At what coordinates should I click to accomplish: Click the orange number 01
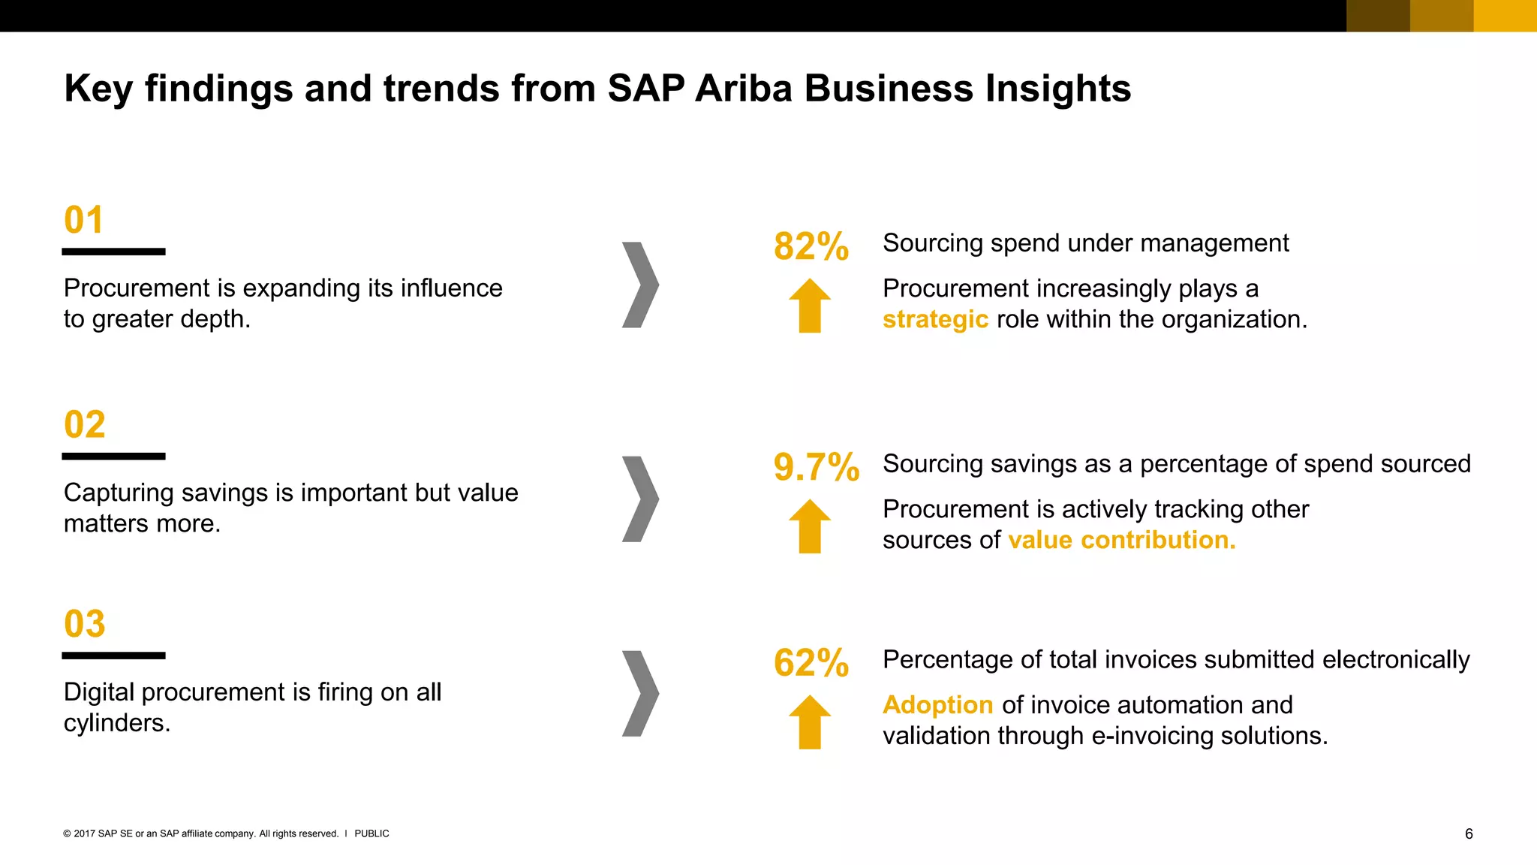coord(83,220)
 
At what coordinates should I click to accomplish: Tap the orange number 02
coord(84,425)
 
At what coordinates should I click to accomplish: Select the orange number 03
coord(84,624)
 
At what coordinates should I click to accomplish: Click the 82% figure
coord(811,246)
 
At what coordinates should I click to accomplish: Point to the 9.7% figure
coord(816,467)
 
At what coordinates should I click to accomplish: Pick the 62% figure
coord(811,663)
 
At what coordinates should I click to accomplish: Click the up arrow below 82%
coord(810,306)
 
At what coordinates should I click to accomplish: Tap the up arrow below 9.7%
coord(810,526)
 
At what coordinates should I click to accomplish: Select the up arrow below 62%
coord(810,722)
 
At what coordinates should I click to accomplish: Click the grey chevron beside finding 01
coord(640,285)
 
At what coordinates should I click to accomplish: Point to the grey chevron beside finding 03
coord(640,693)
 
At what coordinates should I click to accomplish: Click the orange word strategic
coord(935,319)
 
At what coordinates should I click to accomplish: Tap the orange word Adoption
coord(937,705)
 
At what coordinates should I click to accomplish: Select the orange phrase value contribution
coord(1121,540)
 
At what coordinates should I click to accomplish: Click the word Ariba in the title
coord(743,89)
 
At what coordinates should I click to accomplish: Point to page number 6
coord(1469,834)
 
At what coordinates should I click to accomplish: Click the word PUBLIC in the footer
coord(371,833)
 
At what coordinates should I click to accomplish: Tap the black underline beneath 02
coord(113,457)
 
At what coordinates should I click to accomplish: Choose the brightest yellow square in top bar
coord(1505,16)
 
